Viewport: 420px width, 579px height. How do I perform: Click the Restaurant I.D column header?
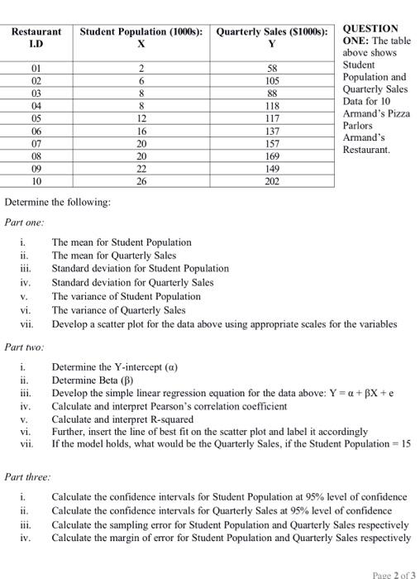pyautogui.click(x=36, y=39)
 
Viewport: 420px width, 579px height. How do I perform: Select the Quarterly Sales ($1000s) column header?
pyautogui.click(x=272, y=39)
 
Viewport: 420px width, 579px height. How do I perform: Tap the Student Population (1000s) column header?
pyautogui.click(x=141, y=39)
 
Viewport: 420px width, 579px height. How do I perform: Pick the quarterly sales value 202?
pyautogui.click(x=272, y=180)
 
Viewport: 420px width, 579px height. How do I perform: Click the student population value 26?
pyautogui.click(x=141, y=180)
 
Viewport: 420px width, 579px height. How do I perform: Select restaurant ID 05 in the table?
pyautogui.click(x=36, y=117)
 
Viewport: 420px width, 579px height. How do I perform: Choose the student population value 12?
pyautogui.click(x=141, y=117)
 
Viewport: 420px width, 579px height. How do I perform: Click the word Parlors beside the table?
pyautogui.click(x=360, y=127)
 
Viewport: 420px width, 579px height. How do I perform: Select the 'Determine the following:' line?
pyautogui.click(x=58, y=202)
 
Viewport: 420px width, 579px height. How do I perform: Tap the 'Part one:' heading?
pyautogui.click(x=26, y=222)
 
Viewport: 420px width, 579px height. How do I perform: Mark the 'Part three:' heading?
pyautogui.click(x=28, y=476)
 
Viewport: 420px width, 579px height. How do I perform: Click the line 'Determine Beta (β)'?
pyautogui.click(x=98, y=380)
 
